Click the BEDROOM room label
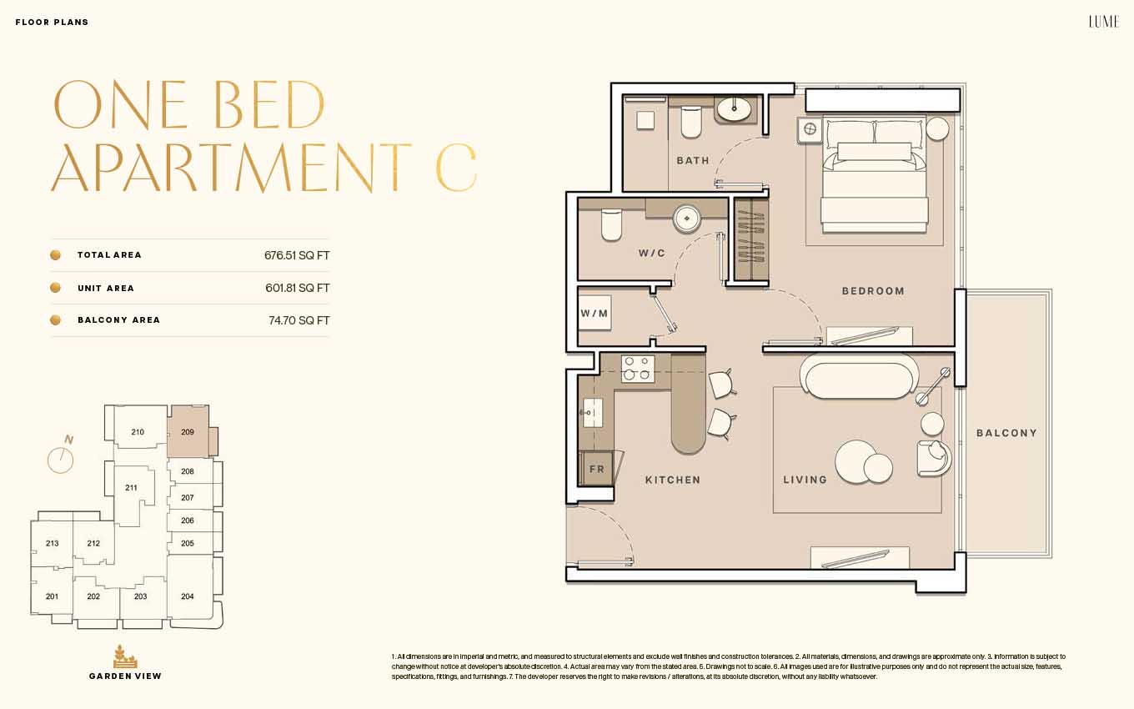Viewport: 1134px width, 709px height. (873, 291)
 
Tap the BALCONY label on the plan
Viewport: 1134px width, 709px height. (1006, 433)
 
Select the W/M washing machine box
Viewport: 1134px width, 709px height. (595, 314)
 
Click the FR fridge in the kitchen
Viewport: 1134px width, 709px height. (596, 469)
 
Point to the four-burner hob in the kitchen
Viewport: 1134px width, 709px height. (637, 368)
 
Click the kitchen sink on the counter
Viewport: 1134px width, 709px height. (591, 413)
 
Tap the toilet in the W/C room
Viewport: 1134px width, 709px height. (611, 225)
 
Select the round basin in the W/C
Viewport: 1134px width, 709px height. (686, 219)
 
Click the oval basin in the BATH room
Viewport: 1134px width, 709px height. (734, 109)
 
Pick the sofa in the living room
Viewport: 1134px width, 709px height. (859, 377)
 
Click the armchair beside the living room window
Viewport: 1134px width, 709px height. (934, 458)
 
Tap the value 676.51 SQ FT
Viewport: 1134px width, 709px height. (297, 255)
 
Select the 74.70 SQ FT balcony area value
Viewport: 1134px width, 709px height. (299, 320)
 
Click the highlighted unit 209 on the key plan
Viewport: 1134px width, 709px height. (188, 432)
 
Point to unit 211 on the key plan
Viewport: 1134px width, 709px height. (131, 488)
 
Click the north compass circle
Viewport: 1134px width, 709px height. (60, 460)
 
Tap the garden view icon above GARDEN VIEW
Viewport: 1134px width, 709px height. (125, 656)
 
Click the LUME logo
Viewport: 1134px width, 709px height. (1104, 22)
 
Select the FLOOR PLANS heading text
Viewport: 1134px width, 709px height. (52, 23)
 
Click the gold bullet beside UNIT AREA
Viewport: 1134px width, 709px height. (56, 288)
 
